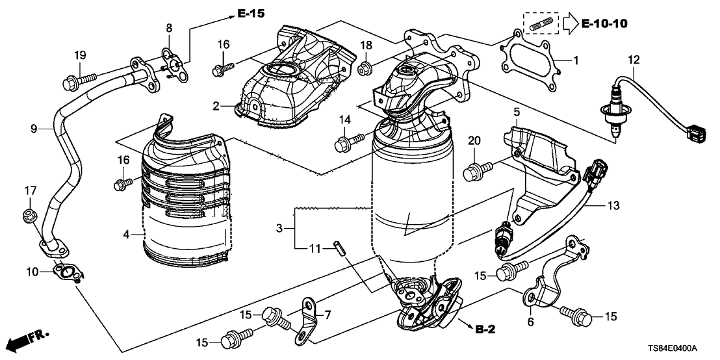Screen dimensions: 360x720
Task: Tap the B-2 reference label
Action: click(485, 329)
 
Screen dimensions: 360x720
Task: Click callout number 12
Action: click(634, 60)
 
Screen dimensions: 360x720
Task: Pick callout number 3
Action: click(279, 228)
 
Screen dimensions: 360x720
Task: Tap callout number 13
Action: click(613, 205)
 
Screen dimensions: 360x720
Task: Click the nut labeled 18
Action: click(365, 66)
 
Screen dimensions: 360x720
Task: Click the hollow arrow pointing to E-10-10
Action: click(568, 25)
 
